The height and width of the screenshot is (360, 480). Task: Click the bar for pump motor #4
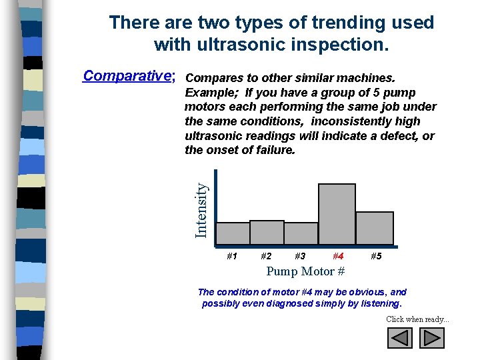pos(337,214)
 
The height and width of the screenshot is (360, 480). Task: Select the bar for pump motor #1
pos(233,233)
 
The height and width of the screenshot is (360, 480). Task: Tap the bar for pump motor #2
pos(267,232)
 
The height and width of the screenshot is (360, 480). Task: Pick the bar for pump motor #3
pos(301,233)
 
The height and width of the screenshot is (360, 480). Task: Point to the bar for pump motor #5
pos(374,228)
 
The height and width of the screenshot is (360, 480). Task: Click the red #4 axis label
pos(338,256)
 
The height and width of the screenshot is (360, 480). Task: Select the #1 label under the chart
pos(232,256)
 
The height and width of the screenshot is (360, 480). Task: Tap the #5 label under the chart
pos(376,256)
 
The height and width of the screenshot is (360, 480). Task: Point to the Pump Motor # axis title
pos(305,271)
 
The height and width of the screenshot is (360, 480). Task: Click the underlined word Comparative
pos(127,75)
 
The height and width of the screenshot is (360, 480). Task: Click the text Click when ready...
pos(417,319)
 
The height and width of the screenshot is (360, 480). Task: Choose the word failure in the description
pos(273,151)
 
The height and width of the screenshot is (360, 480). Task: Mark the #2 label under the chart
pos(266,256)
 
